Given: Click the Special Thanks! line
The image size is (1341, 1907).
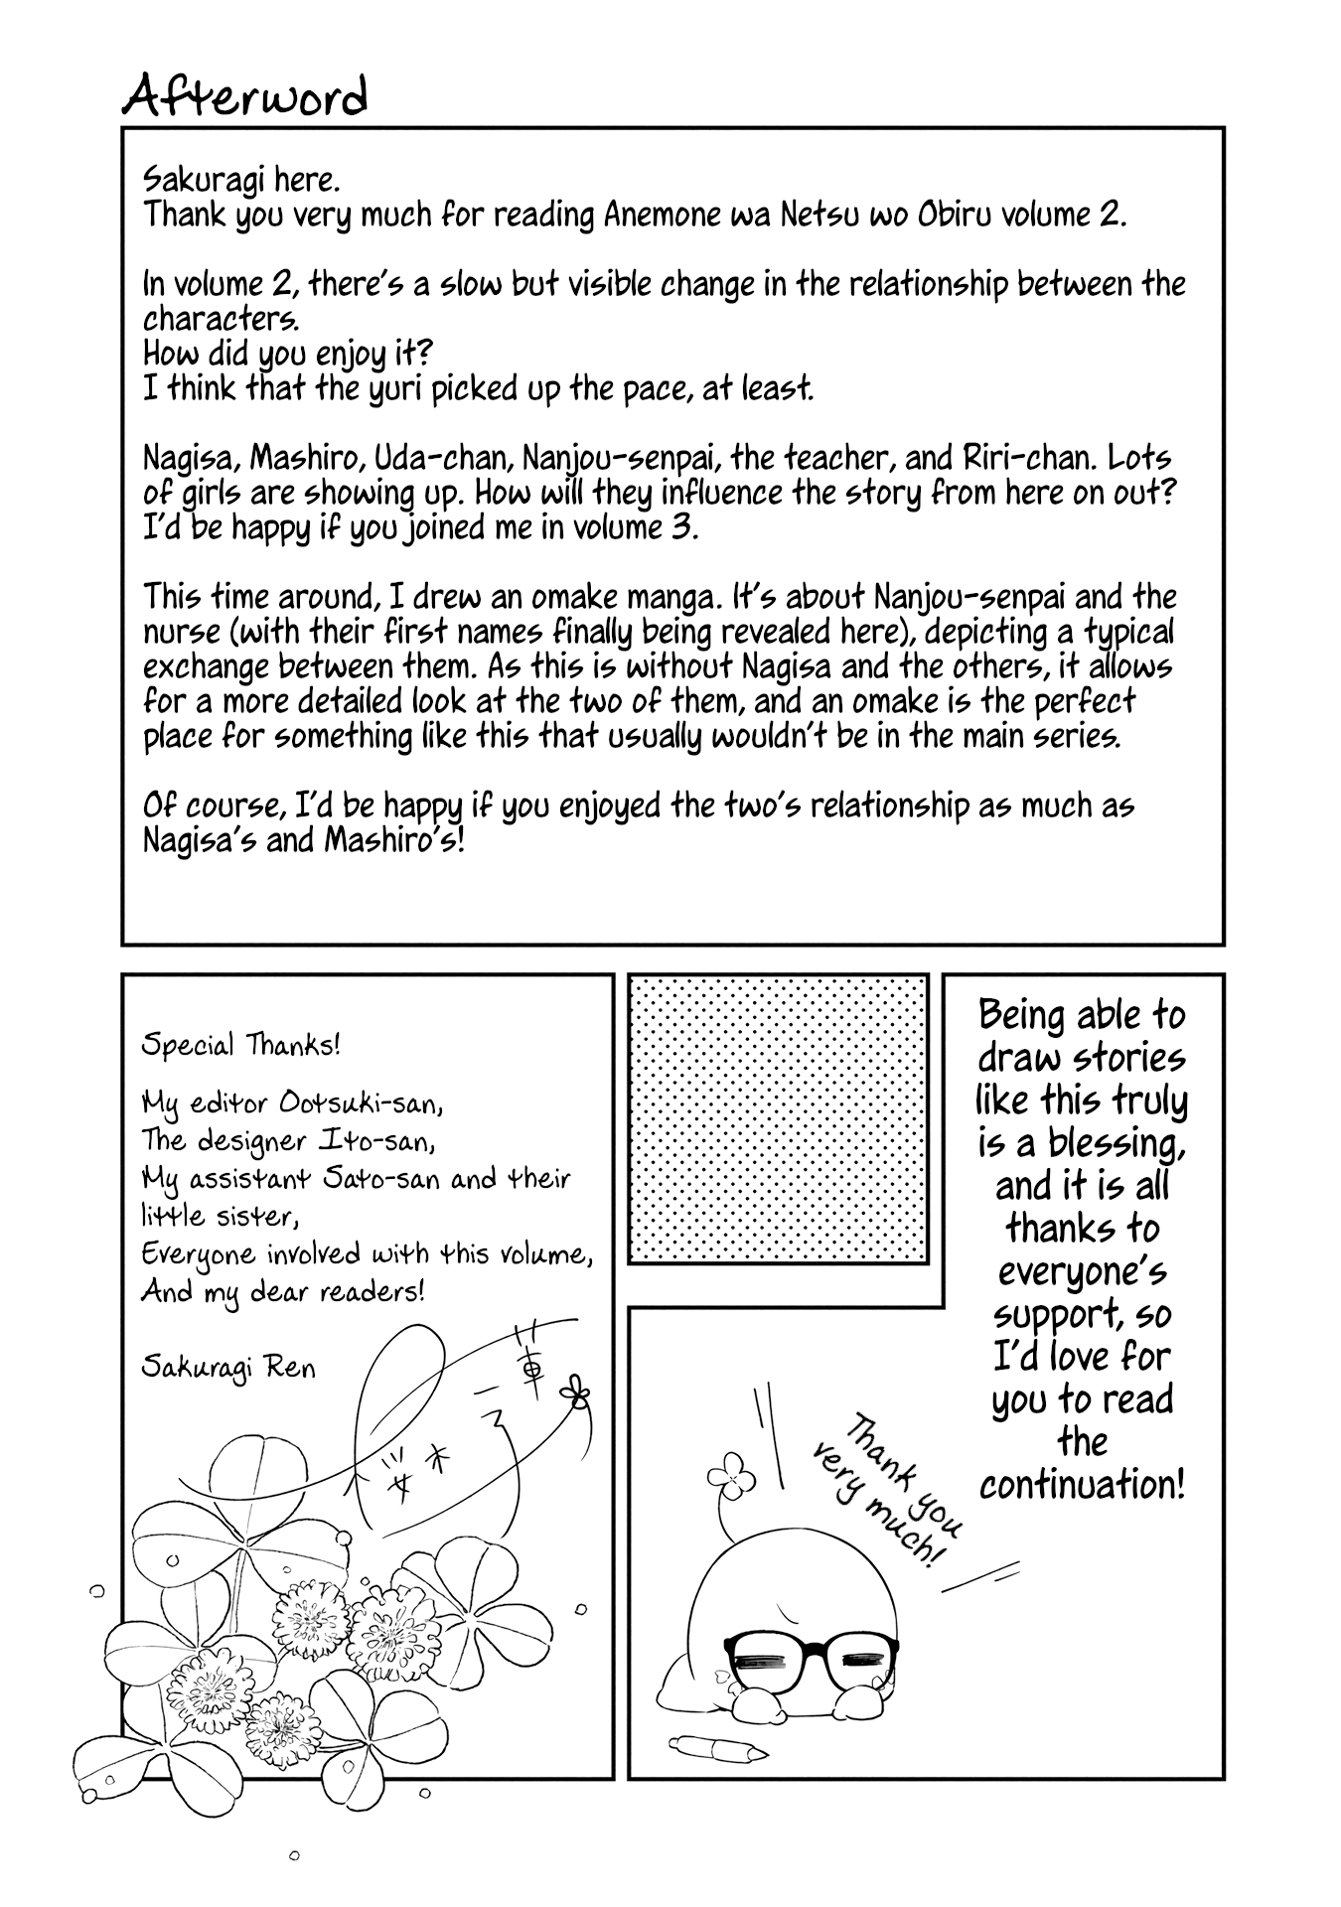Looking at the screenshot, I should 241,1045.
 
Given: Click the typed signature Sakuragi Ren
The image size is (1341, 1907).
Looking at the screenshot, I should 228,1367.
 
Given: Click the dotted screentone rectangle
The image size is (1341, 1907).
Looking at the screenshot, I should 779,1118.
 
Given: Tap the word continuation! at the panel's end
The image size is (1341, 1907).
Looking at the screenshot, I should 1082,1485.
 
